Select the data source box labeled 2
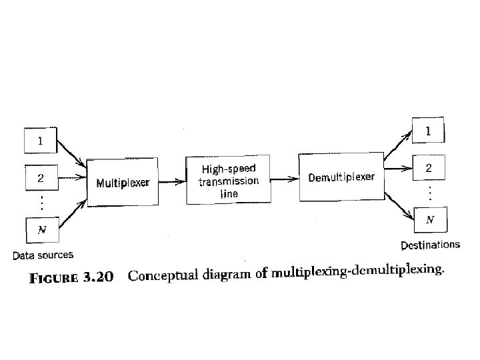point(41,178)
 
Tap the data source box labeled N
point(41,229)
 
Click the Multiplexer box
point(123,182)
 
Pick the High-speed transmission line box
point(228,180)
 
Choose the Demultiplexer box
point(341,177)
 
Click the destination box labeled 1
point(428,132)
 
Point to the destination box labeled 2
point(429,169)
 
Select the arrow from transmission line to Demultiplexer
point(285,178)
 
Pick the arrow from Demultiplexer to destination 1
point(397,146)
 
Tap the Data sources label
point(43,255)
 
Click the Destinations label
point(430,245)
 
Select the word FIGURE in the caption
point(53,278)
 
